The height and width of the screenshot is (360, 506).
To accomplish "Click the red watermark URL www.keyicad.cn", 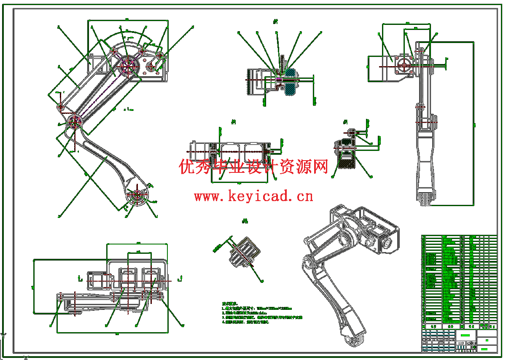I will tap(253, 196).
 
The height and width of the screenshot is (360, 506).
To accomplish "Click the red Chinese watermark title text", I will tap(253, 167).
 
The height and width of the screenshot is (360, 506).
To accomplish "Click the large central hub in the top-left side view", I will tap(127, 65).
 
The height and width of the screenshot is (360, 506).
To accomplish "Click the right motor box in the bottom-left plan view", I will tap(150, 278).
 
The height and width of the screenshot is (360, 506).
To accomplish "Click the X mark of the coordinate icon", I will tap(26, 358).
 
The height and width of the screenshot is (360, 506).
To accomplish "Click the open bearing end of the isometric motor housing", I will tap(387, 244).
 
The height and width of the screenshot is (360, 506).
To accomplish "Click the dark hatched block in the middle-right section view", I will tap(347, 161).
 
